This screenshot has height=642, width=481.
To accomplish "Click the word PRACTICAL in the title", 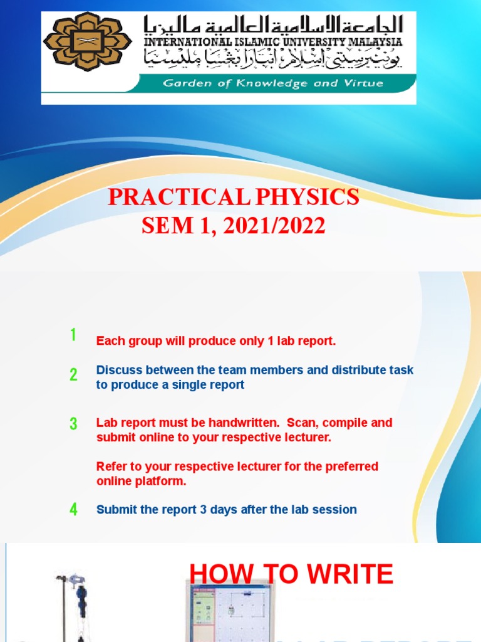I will [177, 197].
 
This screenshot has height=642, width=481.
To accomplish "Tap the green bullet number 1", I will [73, 335].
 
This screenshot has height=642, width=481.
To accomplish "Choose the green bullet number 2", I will [73, 375].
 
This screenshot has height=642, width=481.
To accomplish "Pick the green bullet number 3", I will [73, 424].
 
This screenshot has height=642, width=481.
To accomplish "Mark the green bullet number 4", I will [73, 510].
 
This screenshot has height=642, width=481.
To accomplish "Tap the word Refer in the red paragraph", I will [110, 466].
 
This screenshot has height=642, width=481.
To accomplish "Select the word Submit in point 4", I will [115, 510].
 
